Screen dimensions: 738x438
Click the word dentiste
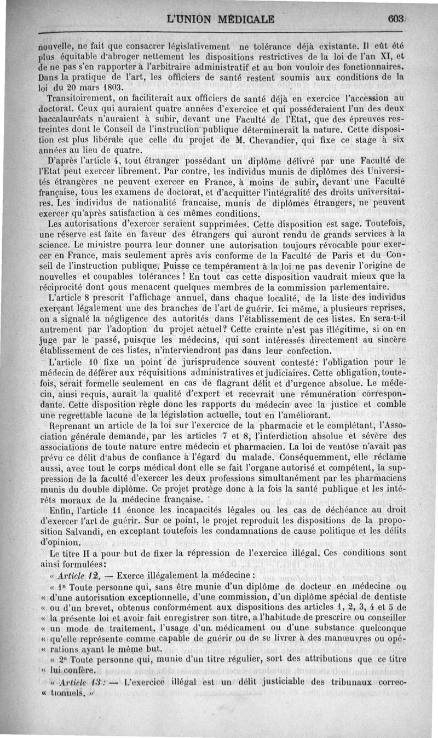click(387, 596)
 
